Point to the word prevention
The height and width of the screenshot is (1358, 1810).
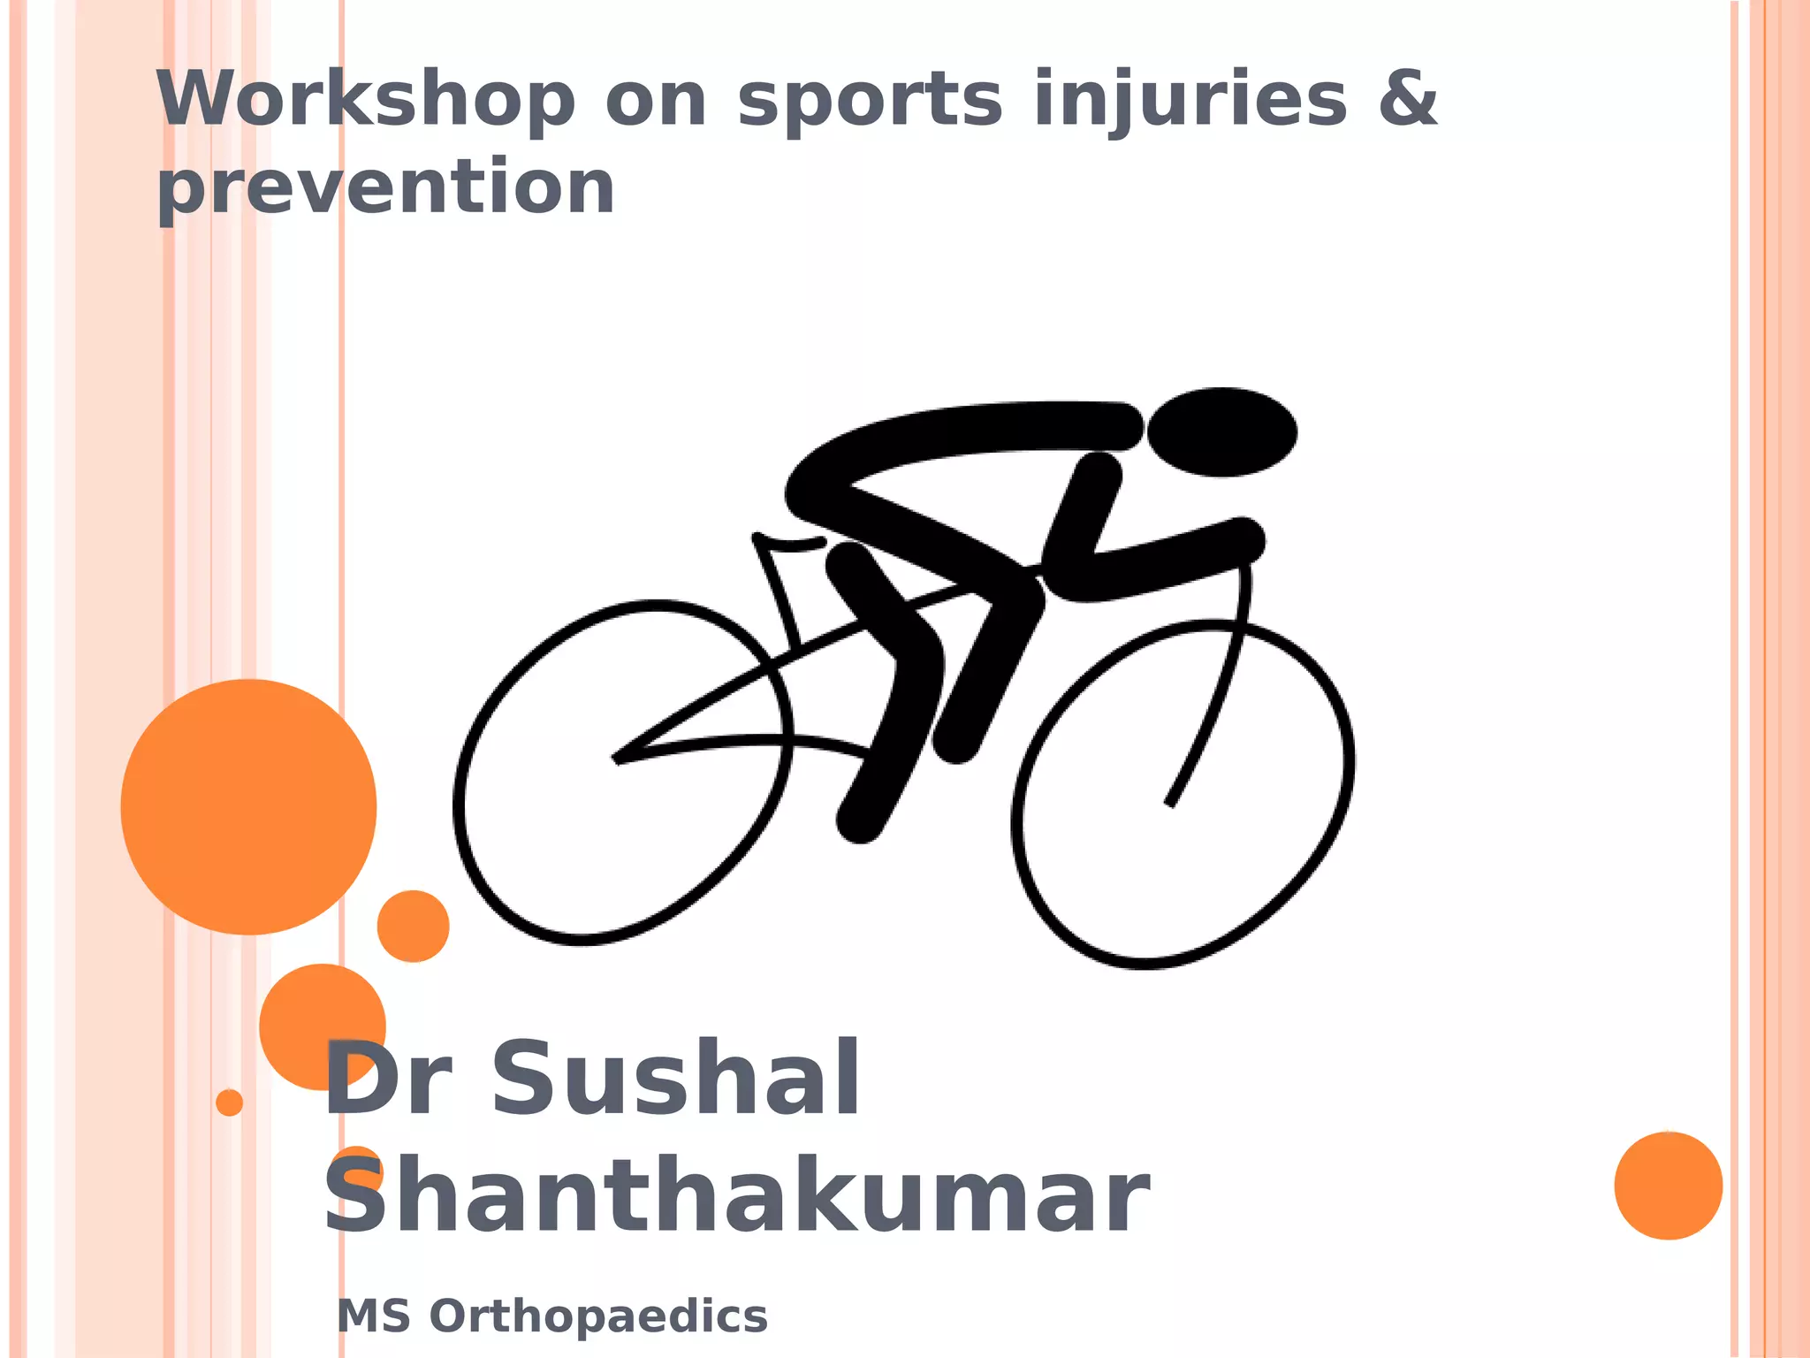click(385, 189)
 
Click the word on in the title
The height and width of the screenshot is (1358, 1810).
click(657, 101)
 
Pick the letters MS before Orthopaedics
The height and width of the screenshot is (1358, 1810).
click(374, 1316)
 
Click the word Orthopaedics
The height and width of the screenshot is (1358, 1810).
click(598, 1316)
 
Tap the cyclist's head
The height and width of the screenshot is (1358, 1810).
click(1221, 431)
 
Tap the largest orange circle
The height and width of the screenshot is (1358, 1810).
click(248, 806)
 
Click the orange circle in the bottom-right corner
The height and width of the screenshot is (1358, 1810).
click(1668, 1186)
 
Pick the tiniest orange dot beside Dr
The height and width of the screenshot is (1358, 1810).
click(229, 1102)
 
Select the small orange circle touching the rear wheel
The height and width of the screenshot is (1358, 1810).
click(413, 926)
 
